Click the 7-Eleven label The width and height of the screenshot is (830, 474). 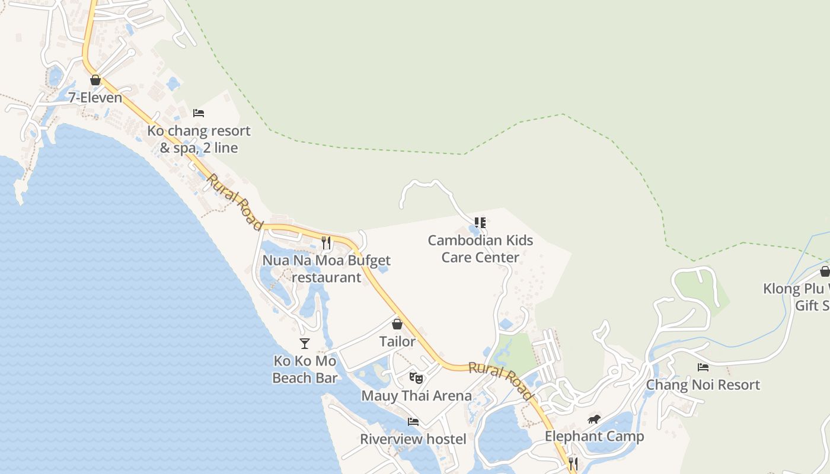pos(95,98)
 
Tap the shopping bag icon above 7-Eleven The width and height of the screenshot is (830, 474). pos(95,80)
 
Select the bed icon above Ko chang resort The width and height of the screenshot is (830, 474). pos(199,113)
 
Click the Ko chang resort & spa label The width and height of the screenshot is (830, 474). pos(199,139)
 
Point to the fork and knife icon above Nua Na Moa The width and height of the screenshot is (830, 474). pos(326,242)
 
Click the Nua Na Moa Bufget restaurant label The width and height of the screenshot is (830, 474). pos(327,268)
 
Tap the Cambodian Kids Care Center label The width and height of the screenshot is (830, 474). pos(480,249)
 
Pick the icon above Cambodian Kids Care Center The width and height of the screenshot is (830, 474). pos(480,223)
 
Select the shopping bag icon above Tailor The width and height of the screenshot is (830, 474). pos(397,324)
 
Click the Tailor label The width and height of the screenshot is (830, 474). pos(397,342)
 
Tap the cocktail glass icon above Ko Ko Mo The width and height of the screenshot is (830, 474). pos(305,344)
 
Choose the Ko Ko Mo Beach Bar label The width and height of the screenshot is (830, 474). pos(305,369)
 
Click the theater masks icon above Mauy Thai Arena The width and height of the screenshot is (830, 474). pos(416,377)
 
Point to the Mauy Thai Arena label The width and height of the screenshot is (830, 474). pos(416,396)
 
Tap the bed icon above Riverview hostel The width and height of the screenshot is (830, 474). pos(413,421)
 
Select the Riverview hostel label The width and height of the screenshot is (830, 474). pos(413,439)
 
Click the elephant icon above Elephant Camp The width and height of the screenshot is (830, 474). pos(594,419)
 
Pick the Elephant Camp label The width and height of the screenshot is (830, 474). pos(594,437)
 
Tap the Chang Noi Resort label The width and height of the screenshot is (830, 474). pos(703,385)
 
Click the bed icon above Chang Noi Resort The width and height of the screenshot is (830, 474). pos(703,367)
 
